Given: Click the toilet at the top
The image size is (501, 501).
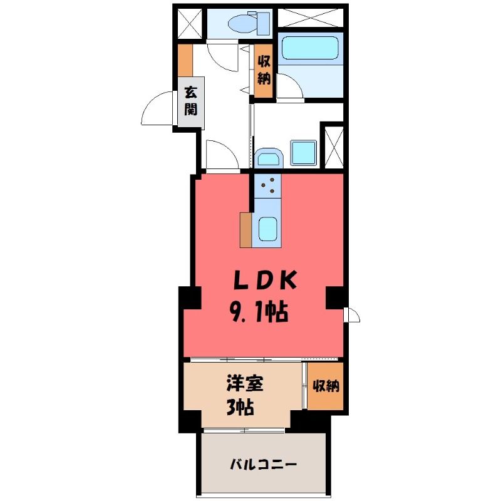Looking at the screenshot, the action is pos(249,23).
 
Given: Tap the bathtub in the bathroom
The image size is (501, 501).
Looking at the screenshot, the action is pos(310,48).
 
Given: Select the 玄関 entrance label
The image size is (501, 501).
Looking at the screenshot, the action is pos(191,101).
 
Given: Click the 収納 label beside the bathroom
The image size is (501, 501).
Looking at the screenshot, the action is pos(264,70).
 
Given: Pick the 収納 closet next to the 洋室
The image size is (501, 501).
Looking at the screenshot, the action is pos(326,386).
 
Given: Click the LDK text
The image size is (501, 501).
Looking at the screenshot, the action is pos(266,280).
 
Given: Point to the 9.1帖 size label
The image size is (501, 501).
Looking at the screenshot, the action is pos(259,312).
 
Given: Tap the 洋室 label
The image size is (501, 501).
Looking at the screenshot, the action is pos(245,383).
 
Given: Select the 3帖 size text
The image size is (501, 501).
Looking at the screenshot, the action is pos(240,407).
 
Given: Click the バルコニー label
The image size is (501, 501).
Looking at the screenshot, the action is pos(264,464).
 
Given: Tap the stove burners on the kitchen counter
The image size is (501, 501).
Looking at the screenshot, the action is pos(268,185).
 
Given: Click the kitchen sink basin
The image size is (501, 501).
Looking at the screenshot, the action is pos(267,229).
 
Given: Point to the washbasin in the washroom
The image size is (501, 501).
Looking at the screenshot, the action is pos(269,158).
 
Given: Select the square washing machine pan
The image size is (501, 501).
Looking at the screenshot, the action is pos(304,153).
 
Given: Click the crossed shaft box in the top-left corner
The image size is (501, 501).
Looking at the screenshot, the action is pos(190,24).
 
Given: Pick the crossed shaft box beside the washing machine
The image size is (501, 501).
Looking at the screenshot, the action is pos(334,148).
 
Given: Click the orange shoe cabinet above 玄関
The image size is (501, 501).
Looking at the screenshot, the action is pos(185,60).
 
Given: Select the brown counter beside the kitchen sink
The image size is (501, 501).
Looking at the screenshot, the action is pos(245,230).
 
